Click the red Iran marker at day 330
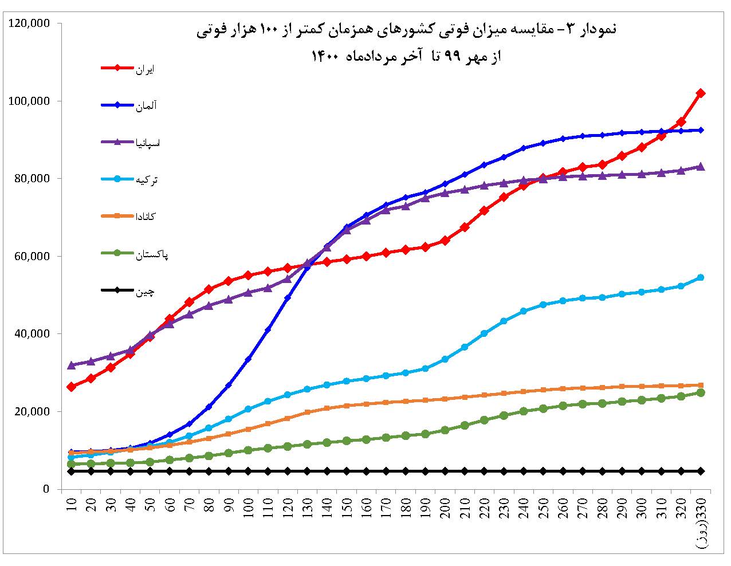coord(700,93)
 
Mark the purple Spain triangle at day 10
coord(72,365)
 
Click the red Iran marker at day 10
coord(72,387)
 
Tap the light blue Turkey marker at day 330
coord(700,278)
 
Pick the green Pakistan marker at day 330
coord(700,392)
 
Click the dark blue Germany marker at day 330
coord(700,130)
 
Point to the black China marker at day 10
coord(72,471)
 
